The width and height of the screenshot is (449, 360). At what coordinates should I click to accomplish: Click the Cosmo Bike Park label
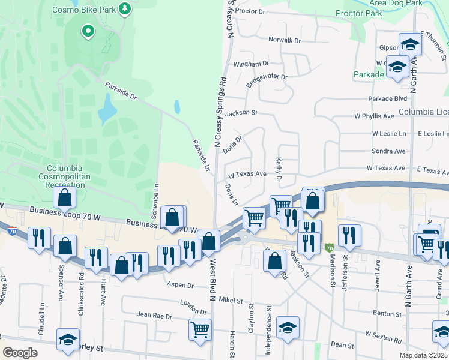tap(85, 10)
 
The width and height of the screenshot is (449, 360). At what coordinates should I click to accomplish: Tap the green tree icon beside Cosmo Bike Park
tap(125, 8)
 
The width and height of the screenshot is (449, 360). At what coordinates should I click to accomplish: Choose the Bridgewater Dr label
tap(268, 77)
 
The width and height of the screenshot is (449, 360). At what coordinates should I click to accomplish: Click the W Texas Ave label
tap(247, 174)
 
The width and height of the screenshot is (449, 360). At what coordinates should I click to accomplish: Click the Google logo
tap(20, 353)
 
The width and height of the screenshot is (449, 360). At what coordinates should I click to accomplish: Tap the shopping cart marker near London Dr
tap(200, 328)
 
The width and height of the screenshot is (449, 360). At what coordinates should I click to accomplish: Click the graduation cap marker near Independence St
tap(288, 327)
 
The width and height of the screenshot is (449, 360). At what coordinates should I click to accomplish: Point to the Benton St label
tap(387, 314)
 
